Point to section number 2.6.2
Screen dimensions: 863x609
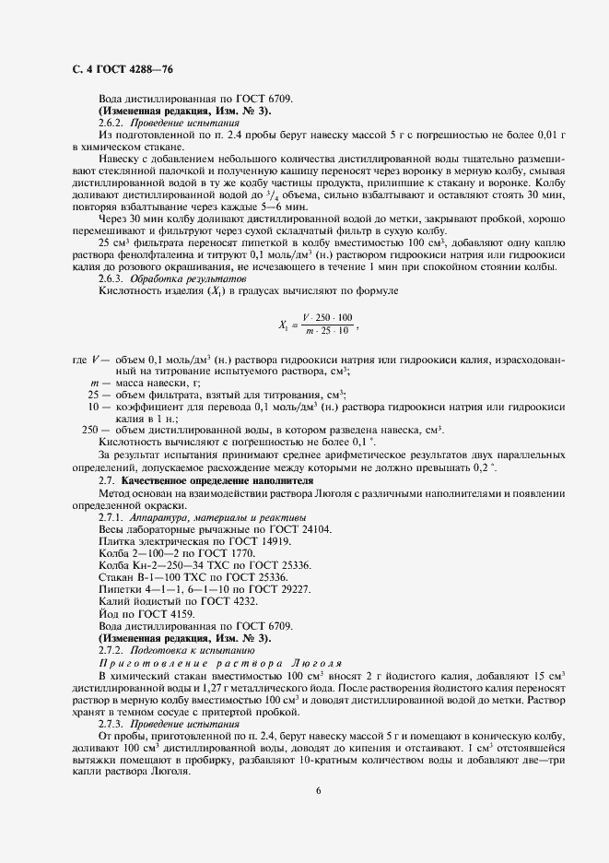coord(111,123)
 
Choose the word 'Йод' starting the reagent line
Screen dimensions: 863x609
coord(108,613)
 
